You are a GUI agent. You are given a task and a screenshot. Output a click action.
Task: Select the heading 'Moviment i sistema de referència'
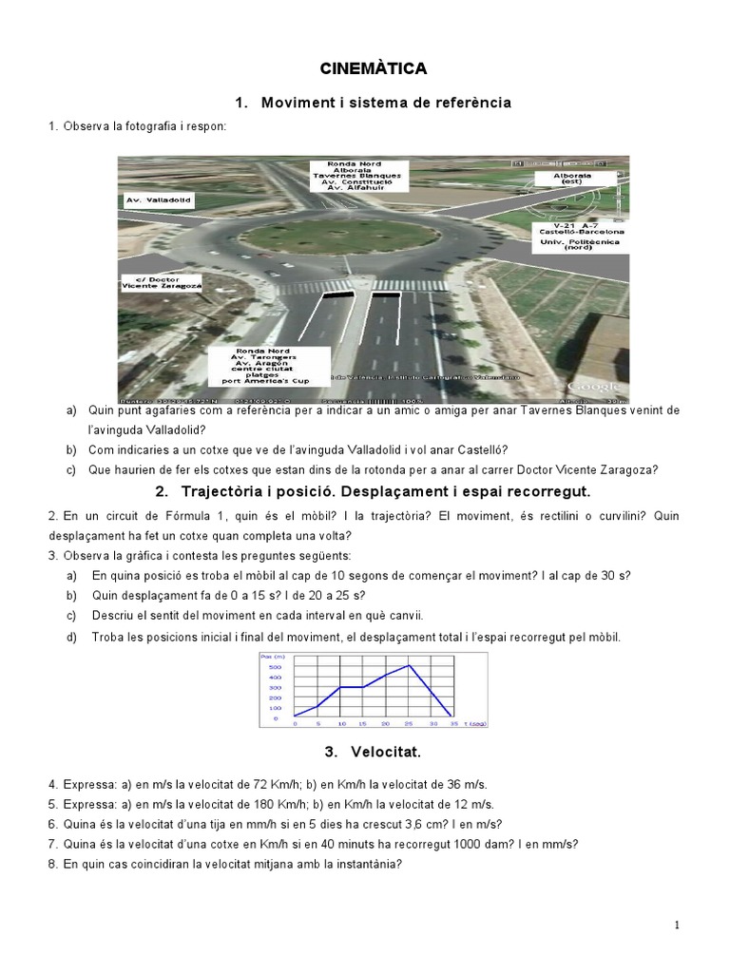pyautogui.click(x=386, y=103)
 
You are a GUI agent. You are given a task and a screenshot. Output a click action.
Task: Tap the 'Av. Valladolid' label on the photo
pyautogui.click(x=158, y=200)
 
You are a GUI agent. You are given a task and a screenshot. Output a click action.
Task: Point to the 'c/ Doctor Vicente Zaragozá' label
pyautogui.click(x=163, y=282)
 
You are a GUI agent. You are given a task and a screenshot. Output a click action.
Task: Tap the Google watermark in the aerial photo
pyautogui.click(x=593, y=387)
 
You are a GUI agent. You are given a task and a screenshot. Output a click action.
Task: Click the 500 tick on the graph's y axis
pyautogui.click(x=275, y=667)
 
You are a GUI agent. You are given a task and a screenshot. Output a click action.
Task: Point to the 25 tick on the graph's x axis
pyautogui.click(x=409, y=724)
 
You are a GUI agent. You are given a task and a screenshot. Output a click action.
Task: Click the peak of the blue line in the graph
pyautogui.click(x=409, y=666)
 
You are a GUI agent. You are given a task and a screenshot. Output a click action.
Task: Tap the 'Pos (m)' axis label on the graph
pyautogui.click(x=272, y=657)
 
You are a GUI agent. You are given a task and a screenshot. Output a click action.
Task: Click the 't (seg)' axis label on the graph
pyautogui.click(x=476, y=724)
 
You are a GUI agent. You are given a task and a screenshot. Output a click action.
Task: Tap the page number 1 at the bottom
pyautogui.click(x=677, y=925)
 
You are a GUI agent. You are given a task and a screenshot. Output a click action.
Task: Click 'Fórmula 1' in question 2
pyautogui.click(x=168, y=515)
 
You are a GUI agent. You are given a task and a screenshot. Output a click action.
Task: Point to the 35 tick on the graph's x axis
pyautogui.click(x=454, y=724)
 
